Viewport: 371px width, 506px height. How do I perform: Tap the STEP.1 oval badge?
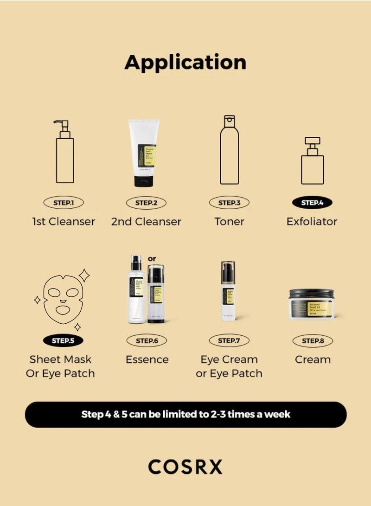pyautogui.click(x=64, y=203)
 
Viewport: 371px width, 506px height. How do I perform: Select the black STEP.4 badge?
pyautogui.click(x=312, y=203)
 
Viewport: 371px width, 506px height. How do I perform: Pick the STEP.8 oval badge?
pyautogui.click(x=313, y=340)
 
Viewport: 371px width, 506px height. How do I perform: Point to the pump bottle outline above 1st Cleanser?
pyautogui.click(x=64, y=153)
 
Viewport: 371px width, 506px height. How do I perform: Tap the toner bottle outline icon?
pyautogui.click(x=230, y=151)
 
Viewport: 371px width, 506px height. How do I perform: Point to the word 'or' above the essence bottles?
pyautogui.click(x=152, y=258)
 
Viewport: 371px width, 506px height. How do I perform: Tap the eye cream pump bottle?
pyautogui.click(x=228, y=292)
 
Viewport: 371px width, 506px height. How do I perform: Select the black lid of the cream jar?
pyautogui.click(x=312, y=294)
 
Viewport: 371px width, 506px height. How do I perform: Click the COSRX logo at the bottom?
pyautogui.click(x=185, y=467)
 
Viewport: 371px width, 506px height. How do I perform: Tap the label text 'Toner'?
pyautogui.click(x=229, y=221)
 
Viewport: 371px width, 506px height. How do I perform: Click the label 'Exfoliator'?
pyautogui.click(x=312, y=221)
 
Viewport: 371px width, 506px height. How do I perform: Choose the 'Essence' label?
pyautogui.click(x=147, y=359)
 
